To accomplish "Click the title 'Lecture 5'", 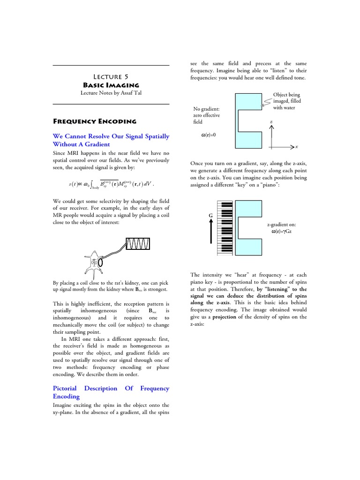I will pyautogui.click(x=111, y=76).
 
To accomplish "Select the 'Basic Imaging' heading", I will pyautogui.click(x=111, y=85).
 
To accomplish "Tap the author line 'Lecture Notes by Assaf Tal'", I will pyautogui.click(x=111, y=93).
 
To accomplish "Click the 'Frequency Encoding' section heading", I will pyautogui.click(x=95, y=121).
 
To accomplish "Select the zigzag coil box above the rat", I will pyautogui.click(x=138, y=244).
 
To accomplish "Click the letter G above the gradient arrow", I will pyautogui.click(x=210, y=215).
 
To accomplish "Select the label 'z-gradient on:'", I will pyautogui.click(x=281, y=225).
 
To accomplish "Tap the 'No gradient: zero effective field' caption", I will pyautogui.click(x=206, y=115).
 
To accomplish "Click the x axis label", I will pyautogui.click(x=296, y=147).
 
